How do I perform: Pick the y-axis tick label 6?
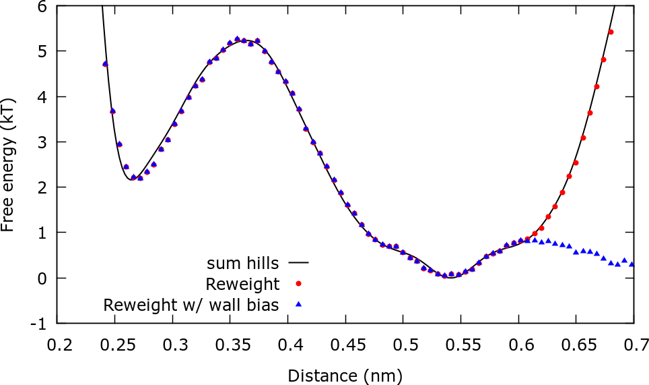pyautogui.click(x=42, y=7)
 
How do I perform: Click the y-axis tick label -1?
pyautogui.click(x=40, y=324)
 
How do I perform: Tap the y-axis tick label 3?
pyautogui.click(x=42, y=142)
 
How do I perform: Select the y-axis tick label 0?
pyautogui.click(x=42, y=278)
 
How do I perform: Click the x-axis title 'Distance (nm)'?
pyautogui.click(x=345, y=374)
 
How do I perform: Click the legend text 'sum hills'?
pyautogui.click(x=242, y=261)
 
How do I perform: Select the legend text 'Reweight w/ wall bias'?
pyautogui.click(x=191, y=305)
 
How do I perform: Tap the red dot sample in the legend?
pyautogui.click(x=298, y=283)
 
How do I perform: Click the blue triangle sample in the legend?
pyautogui.click(x=298, y=305)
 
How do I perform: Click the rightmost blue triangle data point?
pyautogui.click(x=631, y=264)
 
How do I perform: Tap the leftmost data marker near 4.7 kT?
pyautogui.click(x=105, y=64)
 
